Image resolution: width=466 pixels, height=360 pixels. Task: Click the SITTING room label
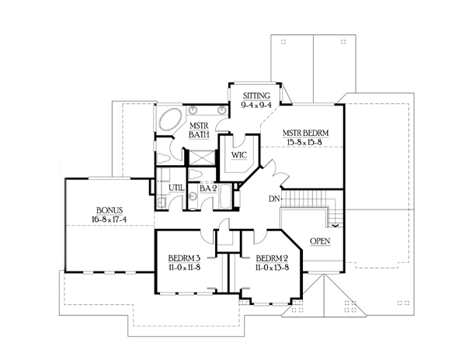click(256, 96)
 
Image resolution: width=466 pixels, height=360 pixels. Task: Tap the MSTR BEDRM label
click(305, 133)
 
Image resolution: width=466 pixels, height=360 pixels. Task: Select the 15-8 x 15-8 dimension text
click(305, 142)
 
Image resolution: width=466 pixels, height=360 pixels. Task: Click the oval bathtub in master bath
click(170, 119)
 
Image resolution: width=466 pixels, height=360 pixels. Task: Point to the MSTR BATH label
click(199, 130)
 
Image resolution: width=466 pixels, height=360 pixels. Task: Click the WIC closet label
click(239, 155)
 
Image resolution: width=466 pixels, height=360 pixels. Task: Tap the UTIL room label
click(176, 188)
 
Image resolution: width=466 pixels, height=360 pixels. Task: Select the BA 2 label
click(208, 189)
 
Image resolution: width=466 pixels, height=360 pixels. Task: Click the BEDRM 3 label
click(184, 258)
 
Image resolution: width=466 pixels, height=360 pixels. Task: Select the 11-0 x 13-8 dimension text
click(273, 267)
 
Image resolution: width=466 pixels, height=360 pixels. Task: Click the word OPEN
click(320, 241)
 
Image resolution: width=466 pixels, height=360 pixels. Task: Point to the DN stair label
click(274, 199)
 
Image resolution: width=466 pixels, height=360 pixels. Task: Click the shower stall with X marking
click(202, 157)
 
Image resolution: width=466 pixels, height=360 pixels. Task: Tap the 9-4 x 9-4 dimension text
click(256, 105)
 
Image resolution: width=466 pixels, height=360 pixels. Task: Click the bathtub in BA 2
click(225, 196)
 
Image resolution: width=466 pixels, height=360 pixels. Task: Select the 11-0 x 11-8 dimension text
click(184, 267)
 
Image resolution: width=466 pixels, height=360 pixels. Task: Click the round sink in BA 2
click(193, 196)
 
